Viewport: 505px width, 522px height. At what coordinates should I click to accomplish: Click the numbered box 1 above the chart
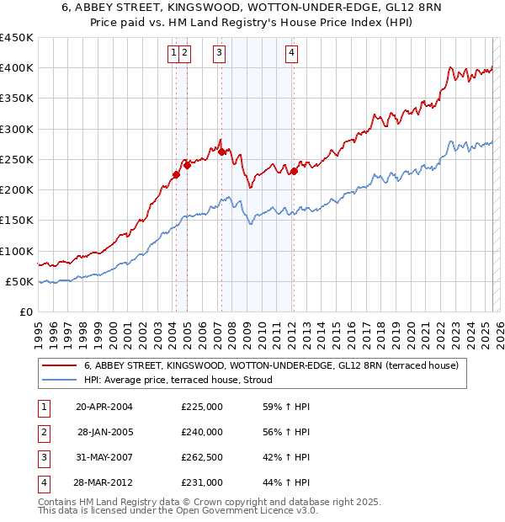173,53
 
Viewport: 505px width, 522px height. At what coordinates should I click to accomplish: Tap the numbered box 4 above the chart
291,53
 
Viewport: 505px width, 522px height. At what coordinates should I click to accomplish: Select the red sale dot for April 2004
176,175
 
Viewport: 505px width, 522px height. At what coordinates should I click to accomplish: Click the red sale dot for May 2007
222,152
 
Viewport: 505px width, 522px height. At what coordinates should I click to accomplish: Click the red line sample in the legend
60,366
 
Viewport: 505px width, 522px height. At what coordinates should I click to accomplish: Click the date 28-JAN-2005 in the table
104,432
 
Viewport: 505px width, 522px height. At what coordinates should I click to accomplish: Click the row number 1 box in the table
43,407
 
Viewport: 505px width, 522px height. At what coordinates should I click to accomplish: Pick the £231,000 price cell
202,483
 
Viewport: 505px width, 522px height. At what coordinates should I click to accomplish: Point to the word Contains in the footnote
60,502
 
